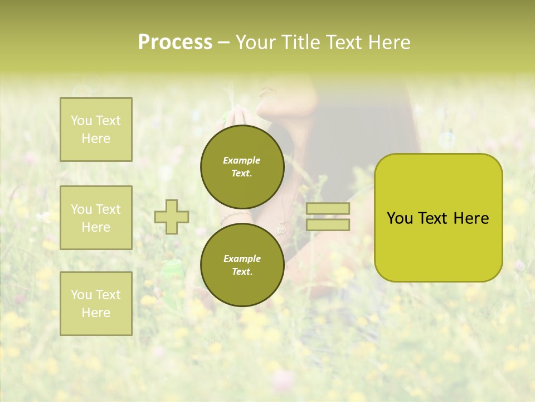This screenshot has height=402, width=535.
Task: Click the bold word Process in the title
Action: point(175,42)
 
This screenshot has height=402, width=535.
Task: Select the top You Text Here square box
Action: point(96,130)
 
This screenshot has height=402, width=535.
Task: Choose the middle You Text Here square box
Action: point(96,218)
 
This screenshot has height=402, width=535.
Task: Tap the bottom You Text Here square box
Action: point(96,304)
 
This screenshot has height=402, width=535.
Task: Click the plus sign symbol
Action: point(172,217)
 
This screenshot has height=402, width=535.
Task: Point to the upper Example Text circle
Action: point(242,166)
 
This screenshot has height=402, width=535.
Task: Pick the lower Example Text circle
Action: point(242,265)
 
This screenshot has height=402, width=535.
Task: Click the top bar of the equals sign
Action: point(328,209)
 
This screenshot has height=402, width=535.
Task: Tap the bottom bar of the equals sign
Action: point(328,224)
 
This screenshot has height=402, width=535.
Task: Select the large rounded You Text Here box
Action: point(438,218)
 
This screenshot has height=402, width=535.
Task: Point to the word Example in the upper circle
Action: point(242,160)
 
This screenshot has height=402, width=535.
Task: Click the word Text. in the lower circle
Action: point(242,271)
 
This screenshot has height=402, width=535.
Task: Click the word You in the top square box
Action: point(81,121)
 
